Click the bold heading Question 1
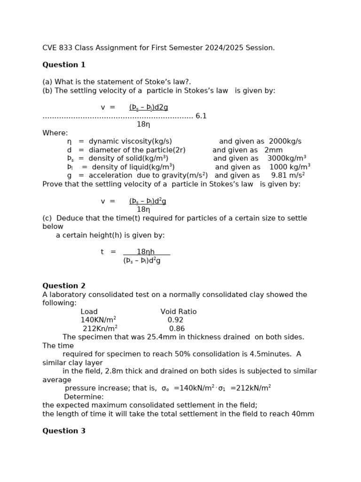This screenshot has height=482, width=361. click(64, 65)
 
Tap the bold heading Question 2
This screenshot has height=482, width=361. click(64, 286)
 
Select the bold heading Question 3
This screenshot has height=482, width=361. click(64, 431)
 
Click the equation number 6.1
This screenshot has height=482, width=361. click(201, 116)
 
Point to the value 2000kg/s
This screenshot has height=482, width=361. click(285, 141)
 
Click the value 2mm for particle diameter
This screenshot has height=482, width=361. click(274, 150)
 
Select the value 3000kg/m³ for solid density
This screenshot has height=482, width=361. click(287, 159)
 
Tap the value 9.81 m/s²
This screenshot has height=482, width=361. click(288, 176)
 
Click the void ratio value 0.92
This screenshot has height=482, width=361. click(175, 320)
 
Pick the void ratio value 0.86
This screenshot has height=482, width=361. click(177, 329)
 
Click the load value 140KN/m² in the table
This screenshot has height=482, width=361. click(98, 320)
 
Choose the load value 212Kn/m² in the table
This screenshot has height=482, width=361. click(100, 329)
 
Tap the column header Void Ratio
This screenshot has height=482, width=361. click(179, 312)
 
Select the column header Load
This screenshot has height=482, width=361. click(89, 312)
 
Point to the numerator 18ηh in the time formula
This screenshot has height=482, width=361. click(146, 252)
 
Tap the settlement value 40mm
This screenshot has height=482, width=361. click(303, 414)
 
